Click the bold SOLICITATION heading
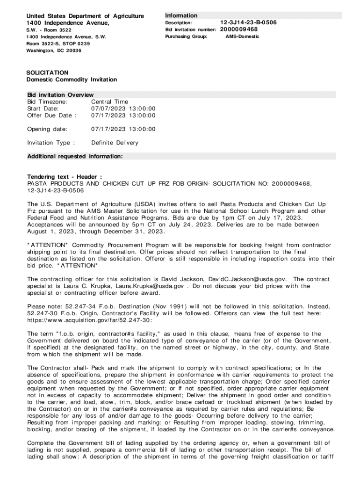point(48,73)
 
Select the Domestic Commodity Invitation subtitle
point(72,80)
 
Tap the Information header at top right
point(181,15)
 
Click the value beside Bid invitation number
point(239,29)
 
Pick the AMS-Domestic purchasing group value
point(242,36)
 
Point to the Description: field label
point(179,22)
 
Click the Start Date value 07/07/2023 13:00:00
point(123,109)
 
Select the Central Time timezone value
point(109,102)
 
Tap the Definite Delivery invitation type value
point(115,143)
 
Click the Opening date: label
point(47,129)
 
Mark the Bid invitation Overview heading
point(60,95)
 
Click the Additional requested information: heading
point(75,156)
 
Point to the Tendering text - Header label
point(65,177)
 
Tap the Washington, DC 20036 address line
point(53,51)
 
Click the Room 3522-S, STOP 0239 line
point(58,44)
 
